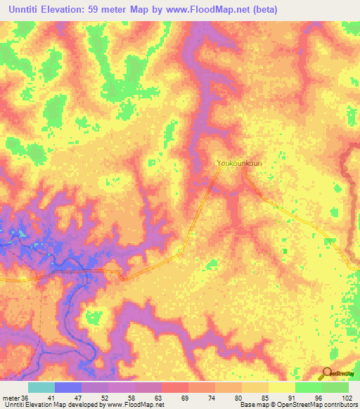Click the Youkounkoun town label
pyautogui.click(x=239, y=163)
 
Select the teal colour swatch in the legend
pyautogui.click(x=41, y=387)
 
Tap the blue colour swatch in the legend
pyautogui.click(x=68, y=387)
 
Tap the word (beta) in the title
pyautogui.click(x=264, y=10)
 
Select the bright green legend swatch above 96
pyautogui.click(x=309, y=387)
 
